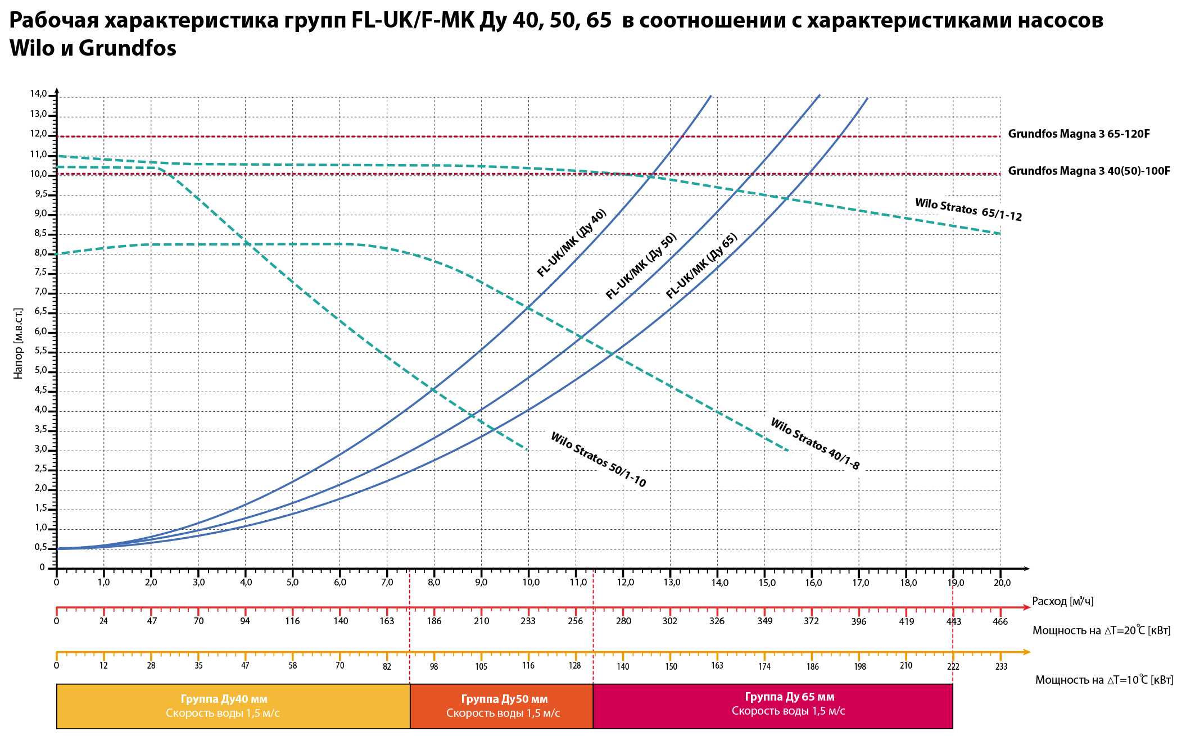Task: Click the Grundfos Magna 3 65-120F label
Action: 1079,134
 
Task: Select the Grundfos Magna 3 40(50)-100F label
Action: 1089,171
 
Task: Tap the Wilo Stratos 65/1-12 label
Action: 968,210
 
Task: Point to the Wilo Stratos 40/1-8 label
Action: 814,444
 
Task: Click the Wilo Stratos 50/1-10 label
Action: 598,460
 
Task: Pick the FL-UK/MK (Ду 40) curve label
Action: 572,243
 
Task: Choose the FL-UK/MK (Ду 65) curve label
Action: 701,266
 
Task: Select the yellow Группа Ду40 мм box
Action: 224,706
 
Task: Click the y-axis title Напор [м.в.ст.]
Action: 19,343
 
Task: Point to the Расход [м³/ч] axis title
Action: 1062,602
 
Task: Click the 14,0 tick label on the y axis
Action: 39,94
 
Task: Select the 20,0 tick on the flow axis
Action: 1001,583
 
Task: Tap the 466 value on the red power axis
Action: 1000,621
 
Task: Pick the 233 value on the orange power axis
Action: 1001,667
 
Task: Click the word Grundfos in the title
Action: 128,48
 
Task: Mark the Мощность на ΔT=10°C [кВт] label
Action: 1104,680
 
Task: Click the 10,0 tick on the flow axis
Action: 531,583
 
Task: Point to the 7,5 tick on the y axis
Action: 41,272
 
